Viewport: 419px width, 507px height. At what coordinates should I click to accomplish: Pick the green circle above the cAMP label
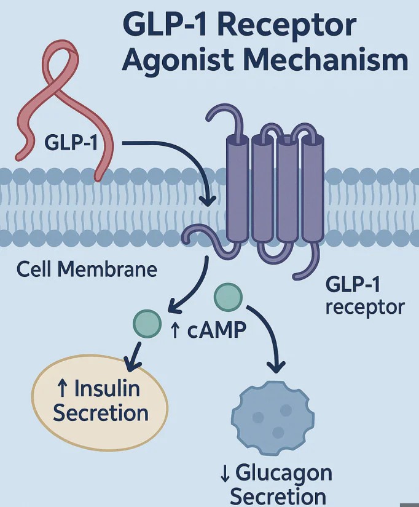pyautogui.click(x=228, y=298)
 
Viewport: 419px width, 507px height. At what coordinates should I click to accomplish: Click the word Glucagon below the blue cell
pyautogui.click(x=284, y=473)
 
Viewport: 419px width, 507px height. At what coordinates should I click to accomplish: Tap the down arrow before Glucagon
pyautogui.click(x=224, y=474)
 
